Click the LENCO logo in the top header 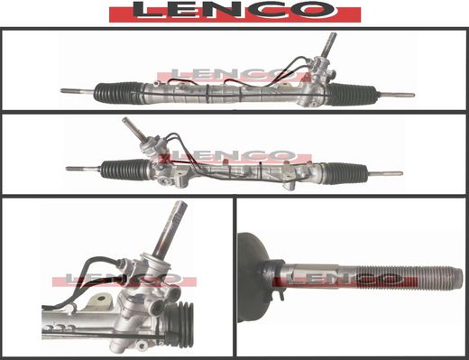(x=234, y=12)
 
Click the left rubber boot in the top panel (x=119, y=92)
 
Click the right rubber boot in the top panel (x=351, y=94)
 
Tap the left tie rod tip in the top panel (x=62, y=90)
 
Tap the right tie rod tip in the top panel (x=412, y=95)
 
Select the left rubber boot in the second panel (x=125, y=170)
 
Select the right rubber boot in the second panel (x=346, y=173)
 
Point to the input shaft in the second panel (x=134, y=129)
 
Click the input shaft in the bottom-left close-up (x=170, y=228)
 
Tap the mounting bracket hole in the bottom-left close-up (x=102, y=299)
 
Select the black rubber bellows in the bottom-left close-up (x=179, y=324)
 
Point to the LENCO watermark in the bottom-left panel (x=124, y=280)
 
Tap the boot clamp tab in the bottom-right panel (x=280, y=296)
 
